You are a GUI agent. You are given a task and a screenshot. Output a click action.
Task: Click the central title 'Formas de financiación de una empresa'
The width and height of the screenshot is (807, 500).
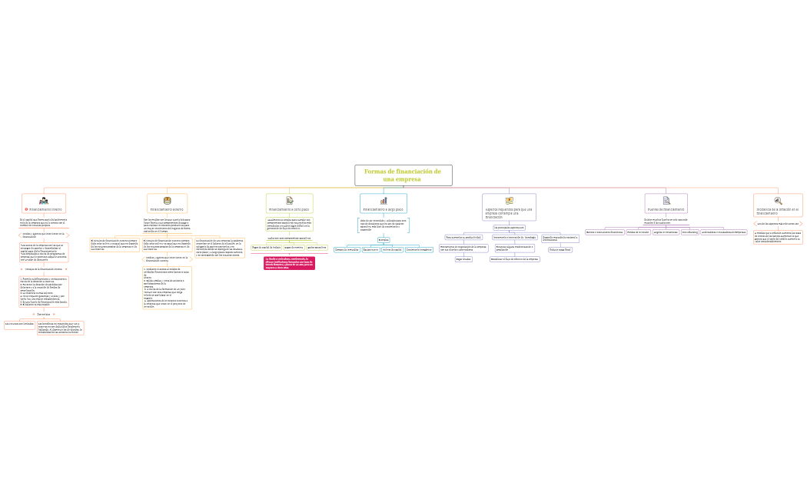(x=403, y=175)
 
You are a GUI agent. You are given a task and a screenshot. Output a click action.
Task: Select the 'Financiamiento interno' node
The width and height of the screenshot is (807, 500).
(x=44, y=208)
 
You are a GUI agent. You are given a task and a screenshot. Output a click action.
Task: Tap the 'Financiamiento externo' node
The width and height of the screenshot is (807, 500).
(x=167, y=208)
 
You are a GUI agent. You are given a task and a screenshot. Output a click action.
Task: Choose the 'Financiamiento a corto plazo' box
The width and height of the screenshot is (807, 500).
(x=289, y=208)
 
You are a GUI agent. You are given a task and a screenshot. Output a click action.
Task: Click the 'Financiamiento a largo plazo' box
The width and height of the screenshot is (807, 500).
(x=383, y=208)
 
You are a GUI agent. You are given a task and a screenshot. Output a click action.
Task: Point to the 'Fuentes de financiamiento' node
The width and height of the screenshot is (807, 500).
(x=666, y=208)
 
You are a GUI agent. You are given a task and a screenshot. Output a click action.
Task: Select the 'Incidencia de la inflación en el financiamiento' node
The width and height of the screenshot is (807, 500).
(x=778, y=210)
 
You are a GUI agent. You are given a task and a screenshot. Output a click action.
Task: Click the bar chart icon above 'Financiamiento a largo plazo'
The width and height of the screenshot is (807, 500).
(x=383, y=200)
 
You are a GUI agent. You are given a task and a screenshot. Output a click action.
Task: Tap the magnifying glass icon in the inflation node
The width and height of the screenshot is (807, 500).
(x=778, y=200)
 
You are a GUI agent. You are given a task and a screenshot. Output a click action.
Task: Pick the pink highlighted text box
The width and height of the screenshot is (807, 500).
(x=289, y=263)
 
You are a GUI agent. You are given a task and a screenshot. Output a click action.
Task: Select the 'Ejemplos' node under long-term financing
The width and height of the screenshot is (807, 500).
(x=383, y=239)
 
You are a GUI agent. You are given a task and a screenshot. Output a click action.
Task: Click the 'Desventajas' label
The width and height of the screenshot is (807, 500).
(x=44, y=314)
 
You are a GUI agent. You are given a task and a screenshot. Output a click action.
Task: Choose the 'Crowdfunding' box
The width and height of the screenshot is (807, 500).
(x=689, y=232)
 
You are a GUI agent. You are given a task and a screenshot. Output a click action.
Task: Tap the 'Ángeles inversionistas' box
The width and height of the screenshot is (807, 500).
(x=666, y=232)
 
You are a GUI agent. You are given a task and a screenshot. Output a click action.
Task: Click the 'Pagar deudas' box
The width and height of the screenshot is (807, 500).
(x=463, y=259)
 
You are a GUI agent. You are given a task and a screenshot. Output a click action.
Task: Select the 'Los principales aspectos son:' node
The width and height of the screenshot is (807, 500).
(x=509, y=227)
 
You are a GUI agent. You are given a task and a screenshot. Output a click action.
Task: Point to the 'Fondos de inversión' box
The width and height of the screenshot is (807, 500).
(x=638, y=232)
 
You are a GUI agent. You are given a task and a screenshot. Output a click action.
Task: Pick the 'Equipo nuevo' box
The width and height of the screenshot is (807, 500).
(x=370, y=249)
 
